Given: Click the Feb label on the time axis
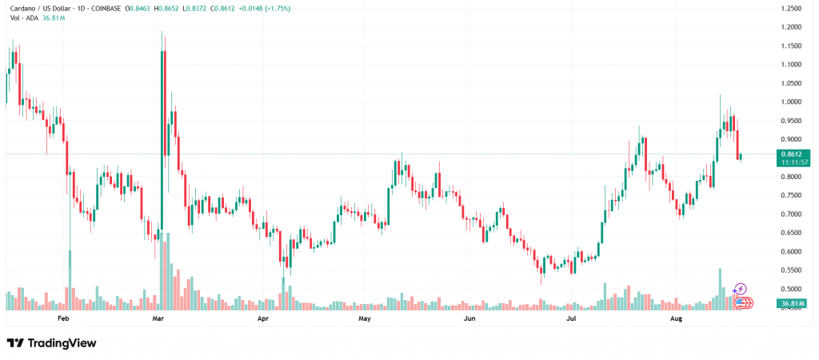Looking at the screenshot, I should (65, 318).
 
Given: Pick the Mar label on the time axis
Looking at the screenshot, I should (158, 318).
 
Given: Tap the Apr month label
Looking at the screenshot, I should (263, 318).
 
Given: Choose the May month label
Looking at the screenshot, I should (366, 318).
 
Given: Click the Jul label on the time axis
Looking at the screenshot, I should (572, 318).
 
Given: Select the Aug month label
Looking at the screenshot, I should (676, 318).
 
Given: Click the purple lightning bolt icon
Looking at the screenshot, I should (740, 289).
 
